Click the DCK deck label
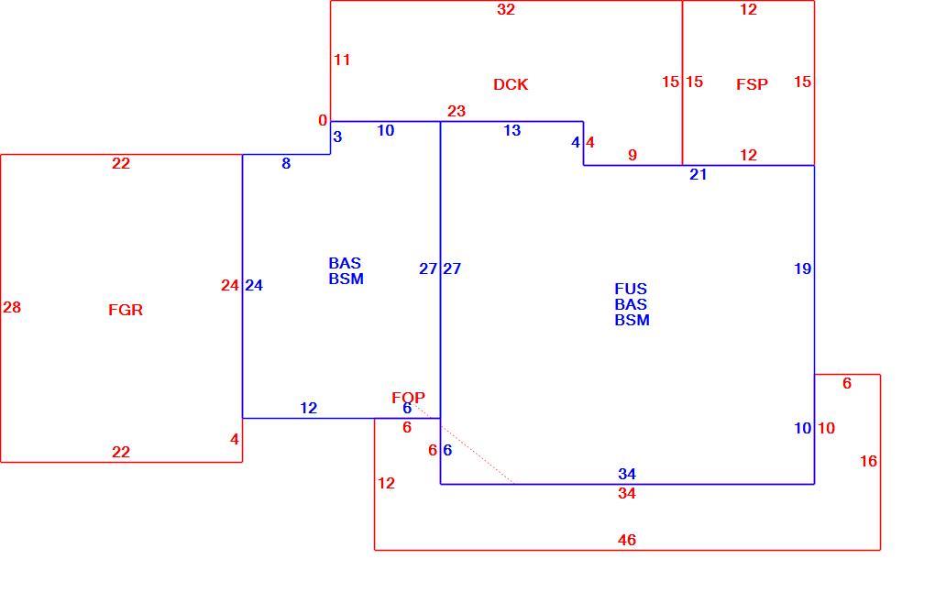coord(511,84)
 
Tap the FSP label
coord(752,84)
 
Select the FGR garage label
coord(126,310)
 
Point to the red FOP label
coord(408,398)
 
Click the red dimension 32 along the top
coord(506,9)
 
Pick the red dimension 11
coord(342,60)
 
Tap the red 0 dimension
coord(323,120)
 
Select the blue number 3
coord(337,137)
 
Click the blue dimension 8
coord(286,163)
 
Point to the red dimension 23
coord(456,111)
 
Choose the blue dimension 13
coord(511,130)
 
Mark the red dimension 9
coord(632,155)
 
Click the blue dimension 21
coord(698,175)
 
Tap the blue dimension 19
coord(803,269)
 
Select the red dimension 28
coord(12,308)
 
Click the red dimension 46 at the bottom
coord(627,540)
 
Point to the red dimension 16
coord(868,461)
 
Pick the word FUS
coord(631,289)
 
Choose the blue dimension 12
coord(308,409)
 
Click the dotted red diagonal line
coord(465,446)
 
